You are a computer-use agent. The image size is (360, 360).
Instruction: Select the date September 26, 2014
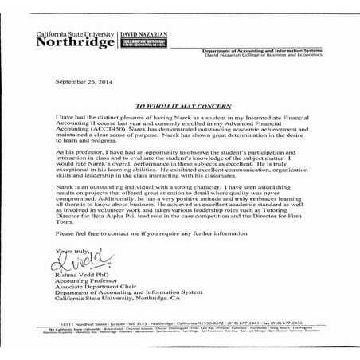click(84, 82)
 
